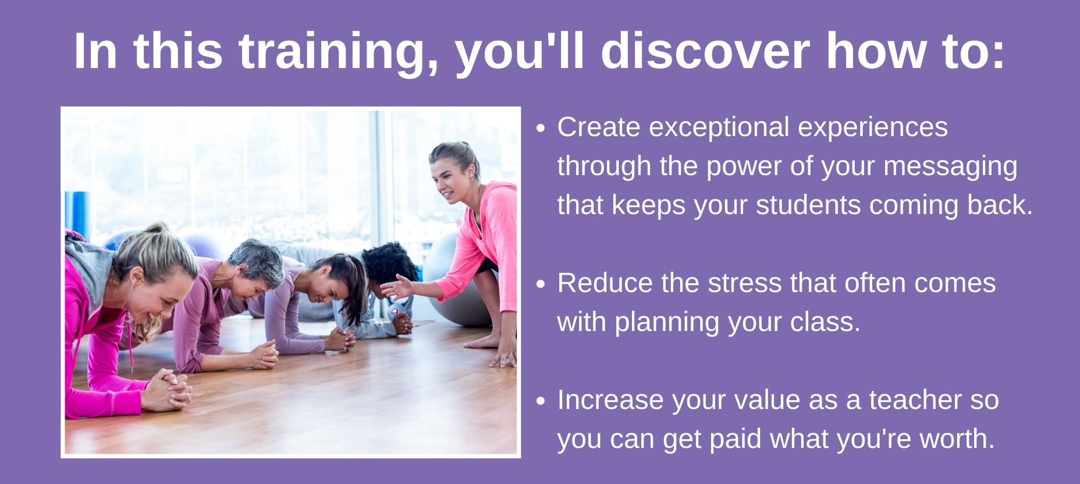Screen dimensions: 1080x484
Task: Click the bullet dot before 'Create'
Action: coord(541,129)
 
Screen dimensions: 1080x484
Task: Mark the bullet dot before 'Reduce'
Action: coord(541,284)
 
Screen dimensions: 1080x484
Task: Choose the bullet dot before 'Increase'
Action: coord(541,401)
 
